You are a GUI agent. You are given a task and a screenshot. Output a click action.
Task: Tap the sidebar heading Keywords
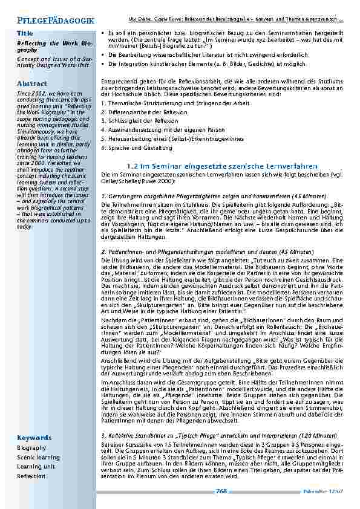34,437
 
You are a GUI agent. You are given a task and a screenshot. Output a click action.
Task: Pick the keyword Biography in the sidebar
31,448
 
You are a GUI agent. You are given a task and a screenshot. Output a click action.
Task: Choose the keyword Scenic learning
38,458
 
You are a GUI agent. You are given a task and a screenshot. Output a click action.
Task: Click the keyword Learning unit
36,467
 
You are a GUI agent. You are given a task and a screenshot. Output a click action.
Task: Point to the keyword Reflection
31,476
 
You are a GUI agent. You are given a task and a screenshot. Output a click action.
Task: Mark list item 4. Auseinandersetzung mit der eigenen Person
163,129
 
